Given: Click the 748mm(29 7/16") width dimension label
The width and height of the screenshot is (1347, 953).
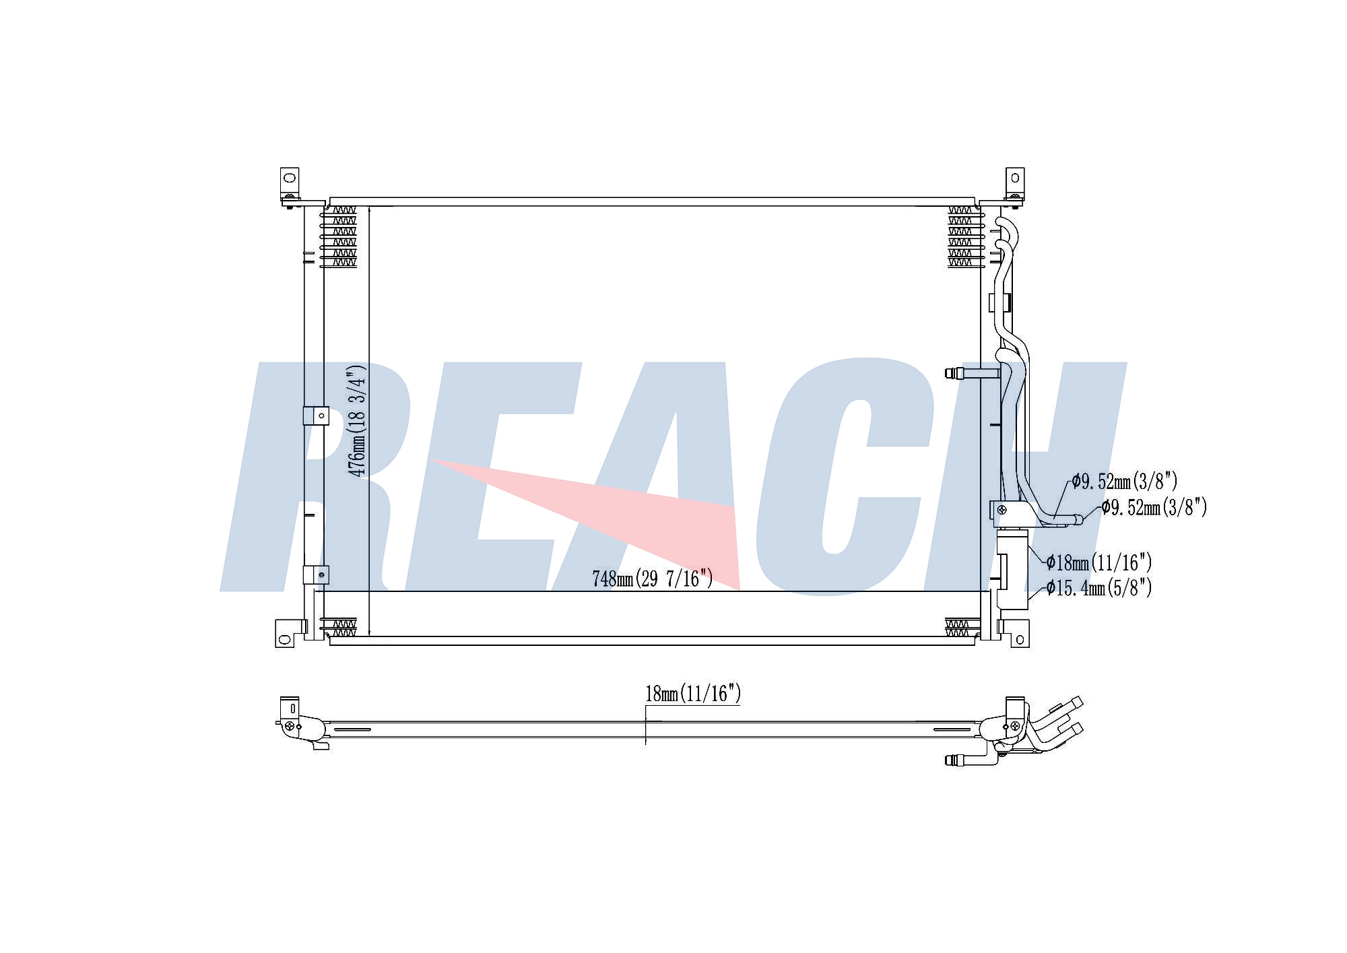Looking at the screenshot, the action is [652, 579].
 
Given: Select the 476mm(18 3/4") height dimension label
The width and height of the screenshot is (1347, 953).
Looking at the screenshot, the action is [356, 421].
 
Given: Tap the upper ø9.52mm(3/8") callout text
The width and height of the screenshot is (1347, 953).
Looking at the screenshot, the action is [1125, 482].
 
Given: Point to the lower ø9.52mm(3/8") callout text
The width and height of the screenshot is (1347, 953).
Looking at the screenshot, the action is [1154, 507].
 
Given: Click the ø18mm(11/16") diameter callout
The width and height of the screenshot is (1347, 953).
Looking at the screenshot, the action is [1099, 562].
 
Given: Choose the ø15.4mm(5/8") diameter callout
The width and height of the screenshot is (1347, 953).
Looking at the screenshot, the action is [1099, 588].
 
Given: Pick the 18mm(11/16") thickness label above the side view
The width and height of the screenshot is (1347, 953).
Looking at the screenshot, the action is [693, 694].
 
